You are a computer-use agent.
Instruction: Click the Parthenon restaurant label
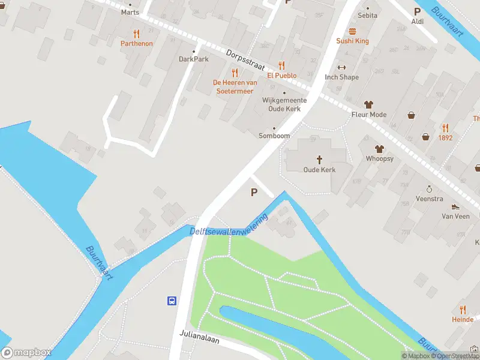(x=137, y=43)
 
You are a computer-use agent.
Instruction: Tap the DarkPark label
(x=193, y=59)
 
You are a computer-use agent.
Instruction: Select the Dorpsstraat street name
(x=246, y=58)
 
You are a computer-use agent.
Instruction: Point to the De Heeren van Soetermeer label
(x=235, y=86)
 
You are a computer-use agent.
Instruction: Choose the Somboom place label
(x=274, y=136)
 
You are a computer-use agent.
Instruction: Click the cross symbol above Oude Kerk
(x=319, y=160)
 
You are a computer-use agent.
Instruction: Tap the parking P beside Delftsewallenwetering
(x=254, y=193)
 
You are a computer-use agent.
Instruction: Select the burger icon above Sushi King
(x=352, y=31)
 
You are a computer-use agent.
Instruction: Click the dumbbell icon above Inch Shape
(x=342, y=67)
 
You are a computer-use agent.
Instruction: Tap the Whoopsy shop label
(x=380, y=158)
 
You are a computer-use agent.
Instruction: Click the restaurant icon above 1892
(x=445, y=128)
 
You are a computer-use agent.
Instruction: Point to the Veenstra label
(x=430, y=198)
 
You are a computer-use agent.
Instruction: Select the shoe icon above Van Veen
(x=456, y=206)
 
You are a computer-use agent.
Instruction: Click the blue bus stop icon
(x=172, y=301)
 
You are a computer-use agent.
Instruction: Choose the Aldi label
(x=418, y=22)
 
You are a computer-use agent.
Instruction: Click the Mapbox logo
(x=26, y=353)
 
